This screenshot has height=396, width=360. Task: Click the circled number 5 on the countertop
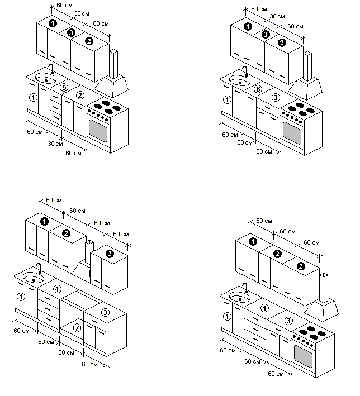pyautogui.click(x=64, y=88)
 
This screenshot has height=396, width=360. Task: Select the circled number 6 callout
pyautogui.click(x=258, y=89)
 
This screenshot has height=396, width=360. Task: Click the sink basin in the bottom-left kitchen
pyautogui.click(x=34, y=278)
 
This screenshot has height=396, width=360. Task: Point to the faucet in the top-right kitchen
pyautogui.click(x=245, y=71)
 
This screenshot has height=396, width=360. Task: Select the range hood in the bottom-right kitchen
pyautogui.click(x=323, y=304)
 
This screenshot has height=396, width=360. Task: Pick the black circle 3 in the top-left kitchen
pyautogui.click(x=71, y=34)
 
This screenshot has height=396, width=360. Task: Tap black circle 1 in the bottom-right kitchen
pyautogui.click(x=253, y=242)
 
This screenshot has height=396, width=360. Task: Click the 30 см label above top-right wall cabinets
pyautogui.click(x=275, y=17)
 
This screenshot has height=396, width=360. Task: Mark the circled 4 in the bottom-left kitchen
pyautogui.click(x=57, y=289)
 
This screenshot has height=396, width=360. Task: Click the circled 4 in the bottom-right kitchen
pyautogui.click(x=265, y=308)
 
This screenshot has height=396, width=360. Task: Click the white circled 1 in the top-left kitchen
pyautogui.click(x=33, y=97)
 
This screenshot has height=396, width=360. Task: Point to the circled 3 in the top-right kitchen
pyautogui.click(x=275, y=98)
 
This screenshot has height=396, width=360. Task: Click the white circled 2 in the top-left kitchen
pyautogui.click(x=80, y=95)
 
